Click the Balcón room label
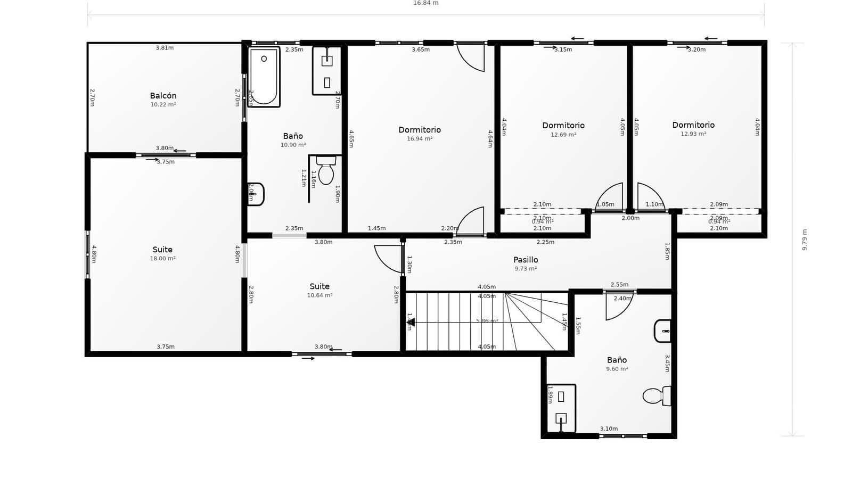[x=163, y=96]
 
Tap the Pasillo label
[x=526, y=260]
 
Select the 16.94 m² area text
[x=420, y=139]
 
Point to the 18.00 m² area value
[x=162, y=259]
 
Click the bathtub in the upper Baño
[x=264, y=77]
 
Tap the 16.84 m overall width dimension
[x=425, y=3]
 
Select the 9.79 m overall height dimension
[x=805, y=240]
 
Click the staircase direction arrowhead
[x=411, y=322]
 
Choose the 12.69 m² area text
[x=563, y=135]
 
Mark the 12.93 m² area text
[x=693, y=134]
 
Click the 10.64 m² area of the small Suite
[x=319, y=295]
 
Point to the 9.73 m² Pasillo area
[x=526, y=269]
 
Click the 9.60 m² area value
[x=617, y=369]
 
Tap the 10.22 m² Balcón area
[x=163, y=105]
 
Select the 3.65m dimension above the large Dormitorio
[x=421, y=49]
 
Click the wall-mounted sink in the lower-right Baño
[x=662, y=331]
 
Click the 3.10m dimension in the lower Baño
[x=609, y=429]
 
